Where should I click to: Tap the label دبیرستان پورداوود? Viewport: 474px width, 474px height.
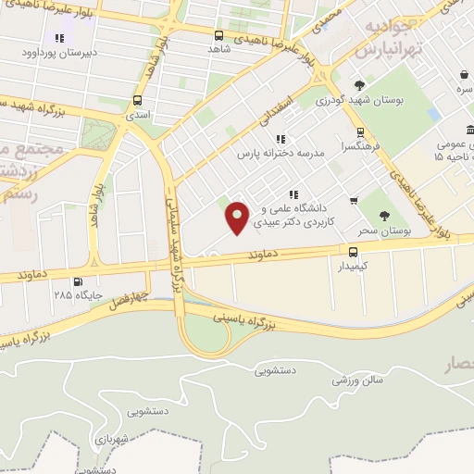[x=60, y=54]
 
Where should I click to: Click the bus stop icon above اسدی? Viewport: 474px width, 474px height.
[x=138, y=101]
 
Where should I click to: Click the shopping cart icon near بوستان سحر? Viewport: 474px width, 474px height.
[x=354, y=200]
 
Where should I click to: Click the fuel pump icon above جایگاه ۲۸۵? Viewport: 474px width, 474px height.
[x=76, y=281]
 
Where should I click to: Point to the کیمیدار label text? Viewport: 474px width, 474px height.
[x=354, y=265]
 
